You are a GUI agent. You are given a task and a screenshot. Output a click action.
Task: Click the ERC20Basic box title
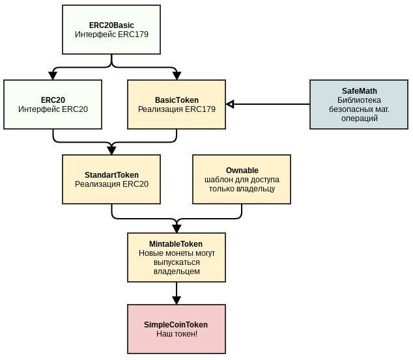tap(111, 25)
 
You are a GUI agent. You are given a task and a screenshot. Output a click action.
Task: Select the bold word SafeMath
tap(360, 91)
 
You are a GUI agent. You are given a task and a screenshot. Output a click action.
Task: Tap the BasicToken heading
tap(177, 100)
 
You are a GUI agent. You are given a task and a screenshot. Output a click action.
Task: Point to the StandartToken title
tap(111, 175)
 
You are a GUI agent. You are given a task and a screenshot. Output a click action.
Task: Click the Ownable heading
tap(242, 171)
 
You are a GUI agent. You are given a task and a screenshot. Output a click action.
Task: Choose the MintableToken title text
tap(176, 244)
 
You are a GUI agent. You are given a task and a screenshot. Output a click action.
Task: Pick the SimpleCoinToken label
tap(176, 325)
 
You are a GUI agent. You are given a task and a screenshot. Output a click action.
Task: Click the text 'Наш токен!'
tap(177, 334)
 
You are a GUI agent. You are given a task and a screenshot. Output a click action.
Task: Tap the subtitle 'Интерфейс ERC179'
tap(111, 35)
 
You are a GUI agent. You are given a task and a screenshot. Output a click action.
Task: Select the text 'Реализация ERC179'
tap(177, 109)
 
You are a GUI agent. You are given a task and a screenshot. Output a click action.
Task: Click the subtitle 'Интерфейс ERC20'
tap(53, 109)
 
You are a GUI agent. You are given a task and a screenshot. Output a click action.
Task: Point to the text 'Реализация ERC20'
tap(111, 184)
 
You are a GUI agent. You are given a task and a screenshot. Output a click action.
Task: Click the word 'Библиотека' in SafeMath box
tap(359, 100)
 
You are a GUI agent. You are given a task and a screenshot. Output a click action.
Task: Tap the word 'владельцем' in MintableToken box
tap(177, 271)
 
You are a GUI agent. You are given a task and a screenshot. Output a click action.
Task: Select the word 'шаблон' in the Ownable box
tap(219, 180)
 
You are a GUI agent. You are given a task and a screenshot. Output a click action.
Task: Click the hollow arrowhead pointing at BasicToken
tap(230, 104)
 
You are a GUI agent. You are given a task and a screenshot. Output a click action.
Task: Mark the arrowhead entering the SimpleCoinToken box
tap(177, 300)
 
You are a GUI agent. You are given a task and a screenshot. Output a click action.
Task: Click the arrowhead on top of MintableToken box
tap(177, 228)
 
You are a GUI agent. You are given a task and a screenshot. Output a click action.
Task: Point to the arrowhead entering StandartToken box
tap(111, 150)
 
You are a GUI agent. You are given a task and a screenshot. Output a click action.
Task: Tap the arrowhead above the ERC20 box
tap(53, 76)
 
